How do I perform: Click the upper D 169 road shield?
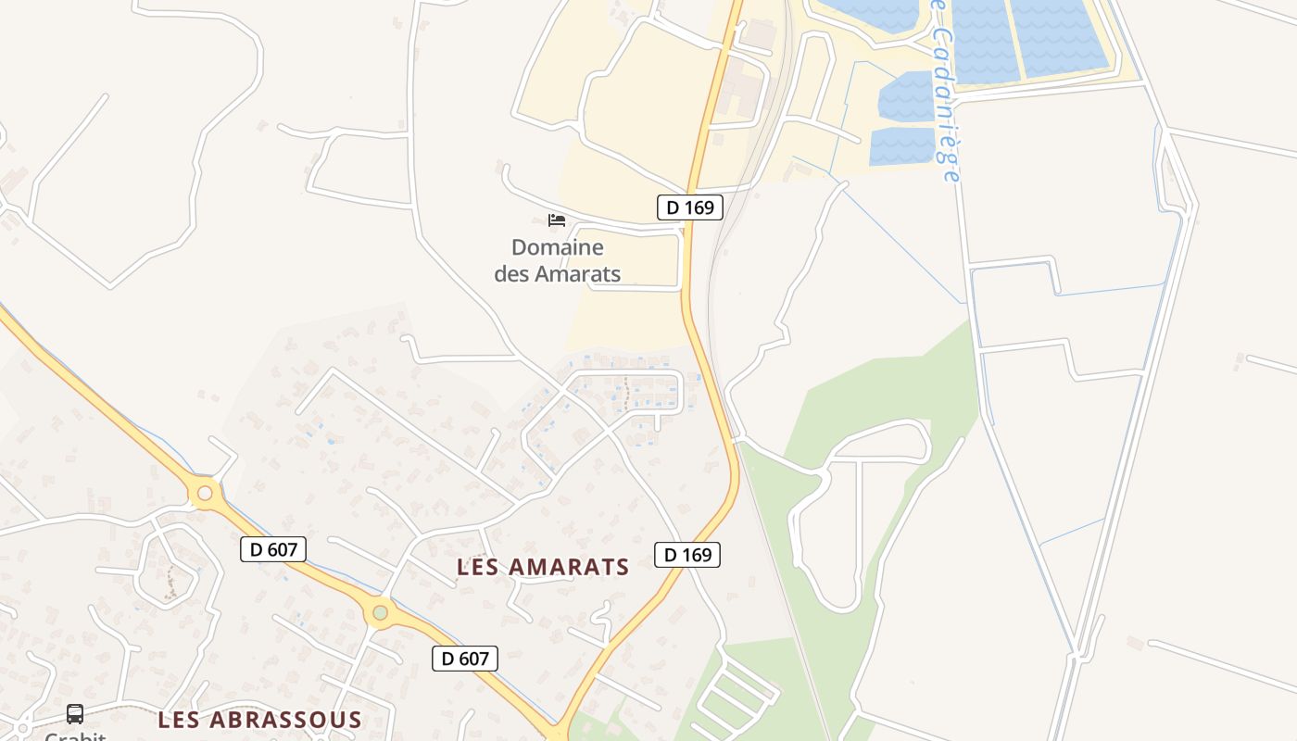pos(689,207)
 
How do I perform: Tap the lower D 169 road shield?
pos(687,555)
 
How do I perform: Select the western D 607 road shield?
pos(272,549)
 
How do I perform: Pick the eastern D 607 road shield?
pos(465,659)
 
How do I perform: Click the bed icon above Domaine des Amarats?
pos(557,220)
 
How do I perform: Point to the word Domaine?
pos(557,247)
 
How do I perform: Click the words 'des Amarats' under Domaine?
pos(557,274)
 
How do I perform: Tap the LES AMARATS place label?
pos(543,567)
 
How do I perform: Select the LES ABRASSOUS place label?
pos(259,720)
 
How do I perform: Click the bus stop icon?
pos(75,714)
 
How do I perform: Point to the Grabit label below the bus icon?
pos(75,736)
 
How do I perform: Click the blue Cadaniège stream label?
pos(946,93)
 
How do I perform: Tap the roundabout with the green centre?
pos(380,612)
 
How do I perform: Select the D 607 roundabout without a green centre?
pos(205,494)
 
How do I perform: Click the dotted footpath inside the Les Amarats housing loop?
pos(626,393)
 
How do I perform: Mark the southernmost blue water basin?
pos(901,146)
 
